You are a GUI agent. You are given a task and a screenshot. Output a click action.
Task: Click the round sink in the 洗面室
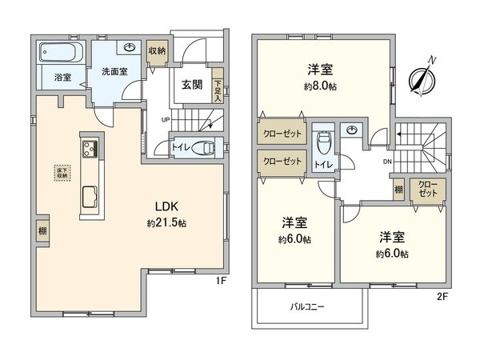click(x=130, y=48)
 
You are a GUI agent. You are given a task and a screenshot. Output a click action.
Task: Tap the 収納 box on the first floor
click(x=157, y=51)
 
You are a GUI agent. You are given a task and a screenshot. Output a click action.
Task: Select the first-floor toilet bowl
click(x=205, y=148)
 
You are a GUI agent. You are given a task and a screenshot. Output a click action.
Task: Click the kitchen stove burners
click(x=88, y=148)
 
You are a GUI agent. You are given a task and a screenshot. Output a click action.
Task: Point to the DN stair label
click(x=386, y=161)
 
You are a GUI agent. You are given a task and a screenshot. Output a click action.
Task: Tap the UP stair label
click(x=166, y=121)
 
